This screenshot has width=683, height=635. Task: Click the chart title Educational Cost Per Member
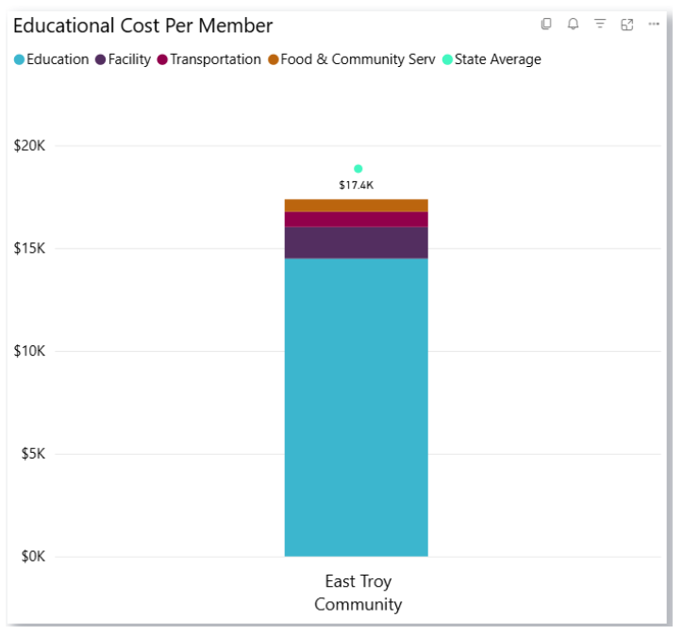pos(142,25)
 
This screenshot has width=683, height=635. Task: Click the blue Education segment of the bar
pos(357,406)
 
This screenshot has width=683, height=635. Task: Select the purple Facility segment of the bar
pos(357,242)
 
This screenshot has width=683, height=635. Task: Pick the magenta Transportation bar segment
pos(357,220)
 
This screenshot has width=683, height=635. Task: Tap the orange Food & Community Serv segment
pos(357,206)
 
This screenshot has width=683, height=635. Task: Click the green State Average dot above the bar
pos(358,169)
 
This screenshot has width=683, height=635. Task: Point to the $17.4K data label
pos(357,185)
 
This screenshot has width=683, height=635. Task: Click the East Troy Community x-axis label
pos(358,593)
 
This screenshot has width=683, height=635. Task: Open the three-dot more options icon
pos(654,25)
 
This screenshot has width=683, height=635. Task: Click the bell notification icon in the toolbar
pos(573,25)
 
